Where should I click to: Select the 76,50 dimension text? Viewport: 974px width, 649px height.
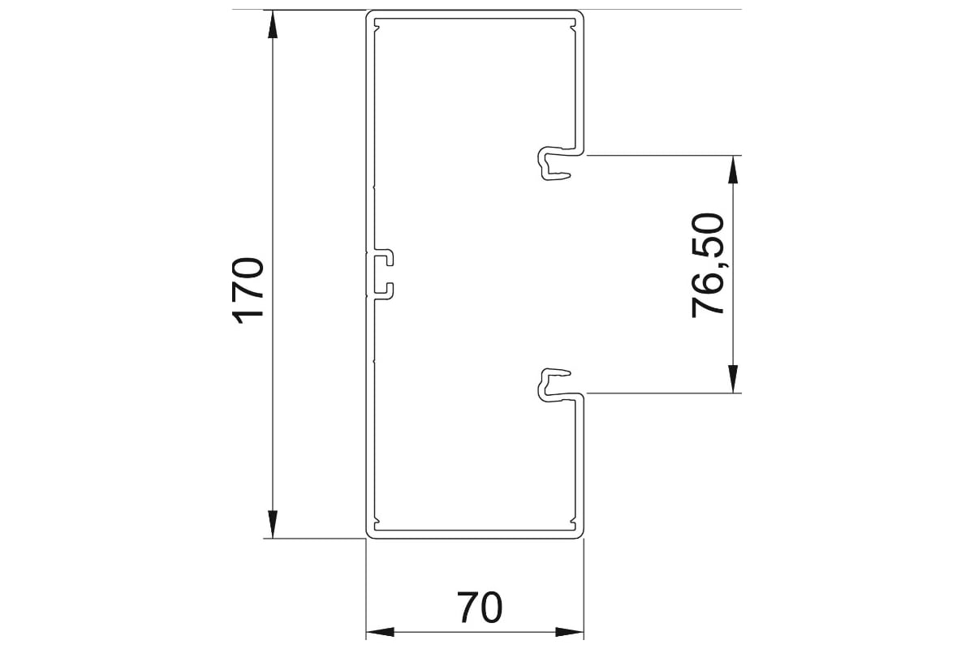coord(708,265)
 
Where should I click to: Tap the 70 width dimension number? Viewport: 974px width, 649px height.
coord(480,608)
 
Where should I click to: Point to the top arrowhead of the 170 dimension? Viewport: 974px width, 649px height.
coord(273,24)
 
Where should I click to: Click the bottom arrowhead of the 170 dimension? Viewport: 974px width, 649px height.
coord(273,524)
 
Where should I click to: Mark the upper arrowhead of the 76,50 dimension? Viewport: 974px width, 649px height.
coord(733,170)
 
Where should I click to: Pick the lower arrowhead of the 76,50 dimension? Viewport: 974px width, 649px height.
coord(733,379)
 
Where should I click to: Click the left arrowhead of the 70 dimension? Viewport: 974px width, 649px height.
coord(380,632)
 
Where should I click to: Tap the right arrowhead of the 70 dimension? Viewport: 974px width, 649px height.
coord(570,632)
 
